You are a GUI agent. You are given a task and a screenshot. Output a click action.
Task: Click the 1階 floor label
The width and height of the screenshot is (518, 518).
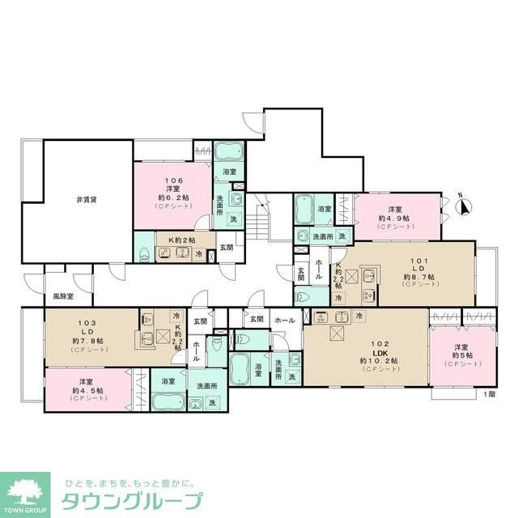(489, 394)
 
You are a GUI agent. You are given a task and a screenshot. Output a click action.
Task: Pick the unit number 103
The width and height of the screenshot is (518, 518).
(87, 321)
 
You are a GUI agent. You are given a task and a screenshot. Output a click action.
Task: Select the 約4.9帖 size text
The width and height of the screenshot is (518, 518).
(394, 218)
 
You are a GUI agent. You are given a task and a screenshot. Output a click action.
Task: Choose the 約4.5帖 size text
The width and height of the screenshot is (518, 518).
(87, 389)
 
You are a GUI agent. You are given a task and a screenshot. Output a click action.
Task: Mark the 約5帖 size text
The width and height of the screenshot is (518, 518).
(462, 355)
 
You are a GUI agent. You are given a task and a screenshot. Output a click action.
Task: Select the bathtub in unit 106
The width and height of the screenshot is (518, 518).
(225, 153)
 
